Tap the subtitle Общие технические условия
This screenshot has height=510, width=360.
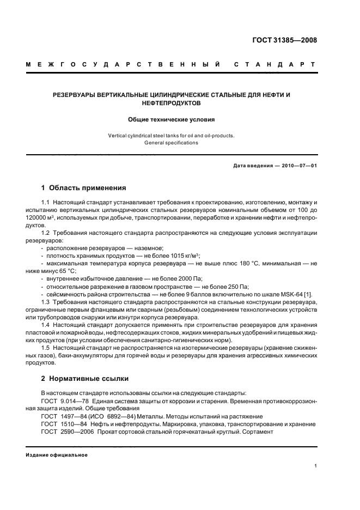pos(172,119)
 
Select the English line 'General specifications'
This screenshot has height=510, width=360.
pos(171,143)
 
